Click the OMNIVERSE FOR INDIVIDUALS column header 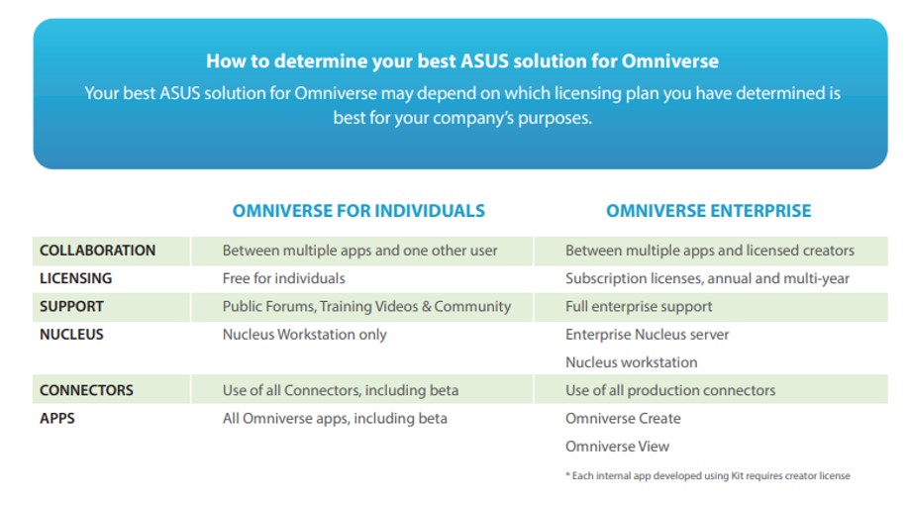358,211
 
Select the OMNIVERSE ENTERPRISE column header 708,211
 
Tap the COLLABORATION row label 97,251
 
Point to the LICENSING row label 75,278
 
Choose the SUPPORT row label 71,306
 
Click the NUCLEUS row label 71,335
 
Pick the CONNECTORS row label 86,390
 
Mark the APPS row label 56,418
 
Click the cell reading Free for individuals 283,278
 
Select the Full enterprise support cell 639,306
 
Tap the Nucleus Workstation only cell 304,335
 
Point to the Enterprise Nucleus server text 647,335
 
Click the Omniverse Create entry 623,418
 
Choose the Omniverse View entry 618,447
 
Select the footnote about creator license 708,476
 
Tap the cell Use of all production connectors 670,390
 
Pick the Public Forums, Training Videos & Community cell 366,306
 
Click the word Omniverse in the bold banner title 670,60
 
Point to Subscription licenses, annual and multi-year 707,278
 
